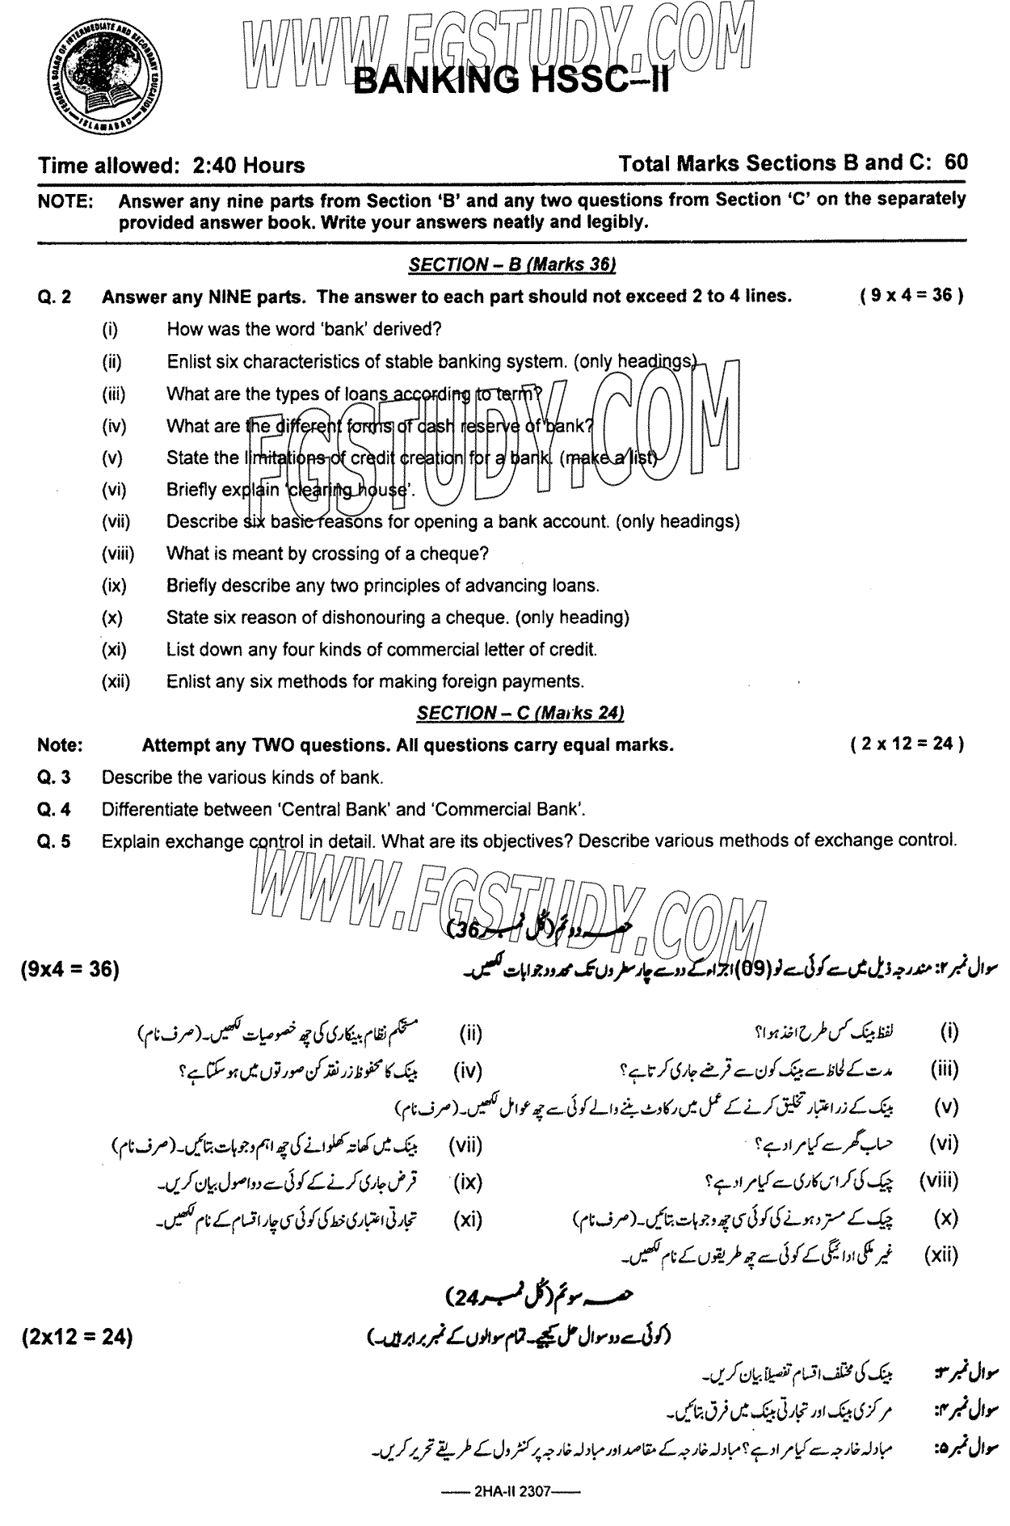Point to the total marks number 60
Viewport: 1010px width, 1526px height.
point(956,162)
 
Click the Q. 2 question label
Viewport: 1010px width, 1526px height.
point(55,297)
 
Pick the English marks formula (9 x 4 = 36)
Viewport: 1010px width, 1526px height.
point(911,296)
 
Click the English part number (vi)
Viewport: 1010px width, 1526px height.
point(115,490)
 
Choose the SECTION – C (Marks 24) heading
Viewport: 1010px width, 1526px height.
point(520,713)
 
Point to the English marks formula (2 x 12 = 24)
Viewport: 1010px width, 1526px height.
point(907,744)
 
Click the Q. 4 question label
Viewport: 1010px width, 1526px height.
point(55,809)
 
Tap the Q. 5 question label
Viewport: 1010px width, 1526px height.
point(55,841)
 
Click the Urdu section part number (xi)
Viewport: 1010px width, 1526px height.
point(468,1219)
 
